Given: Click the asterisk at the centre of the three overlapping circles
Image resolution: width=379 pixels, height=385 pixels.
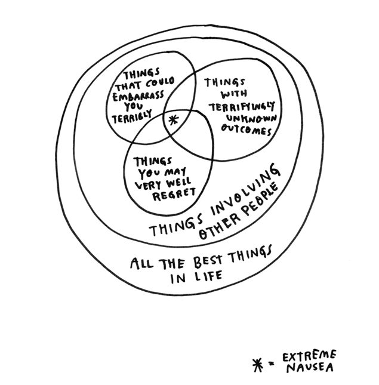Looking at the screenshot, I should click(x=172, y=119).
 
